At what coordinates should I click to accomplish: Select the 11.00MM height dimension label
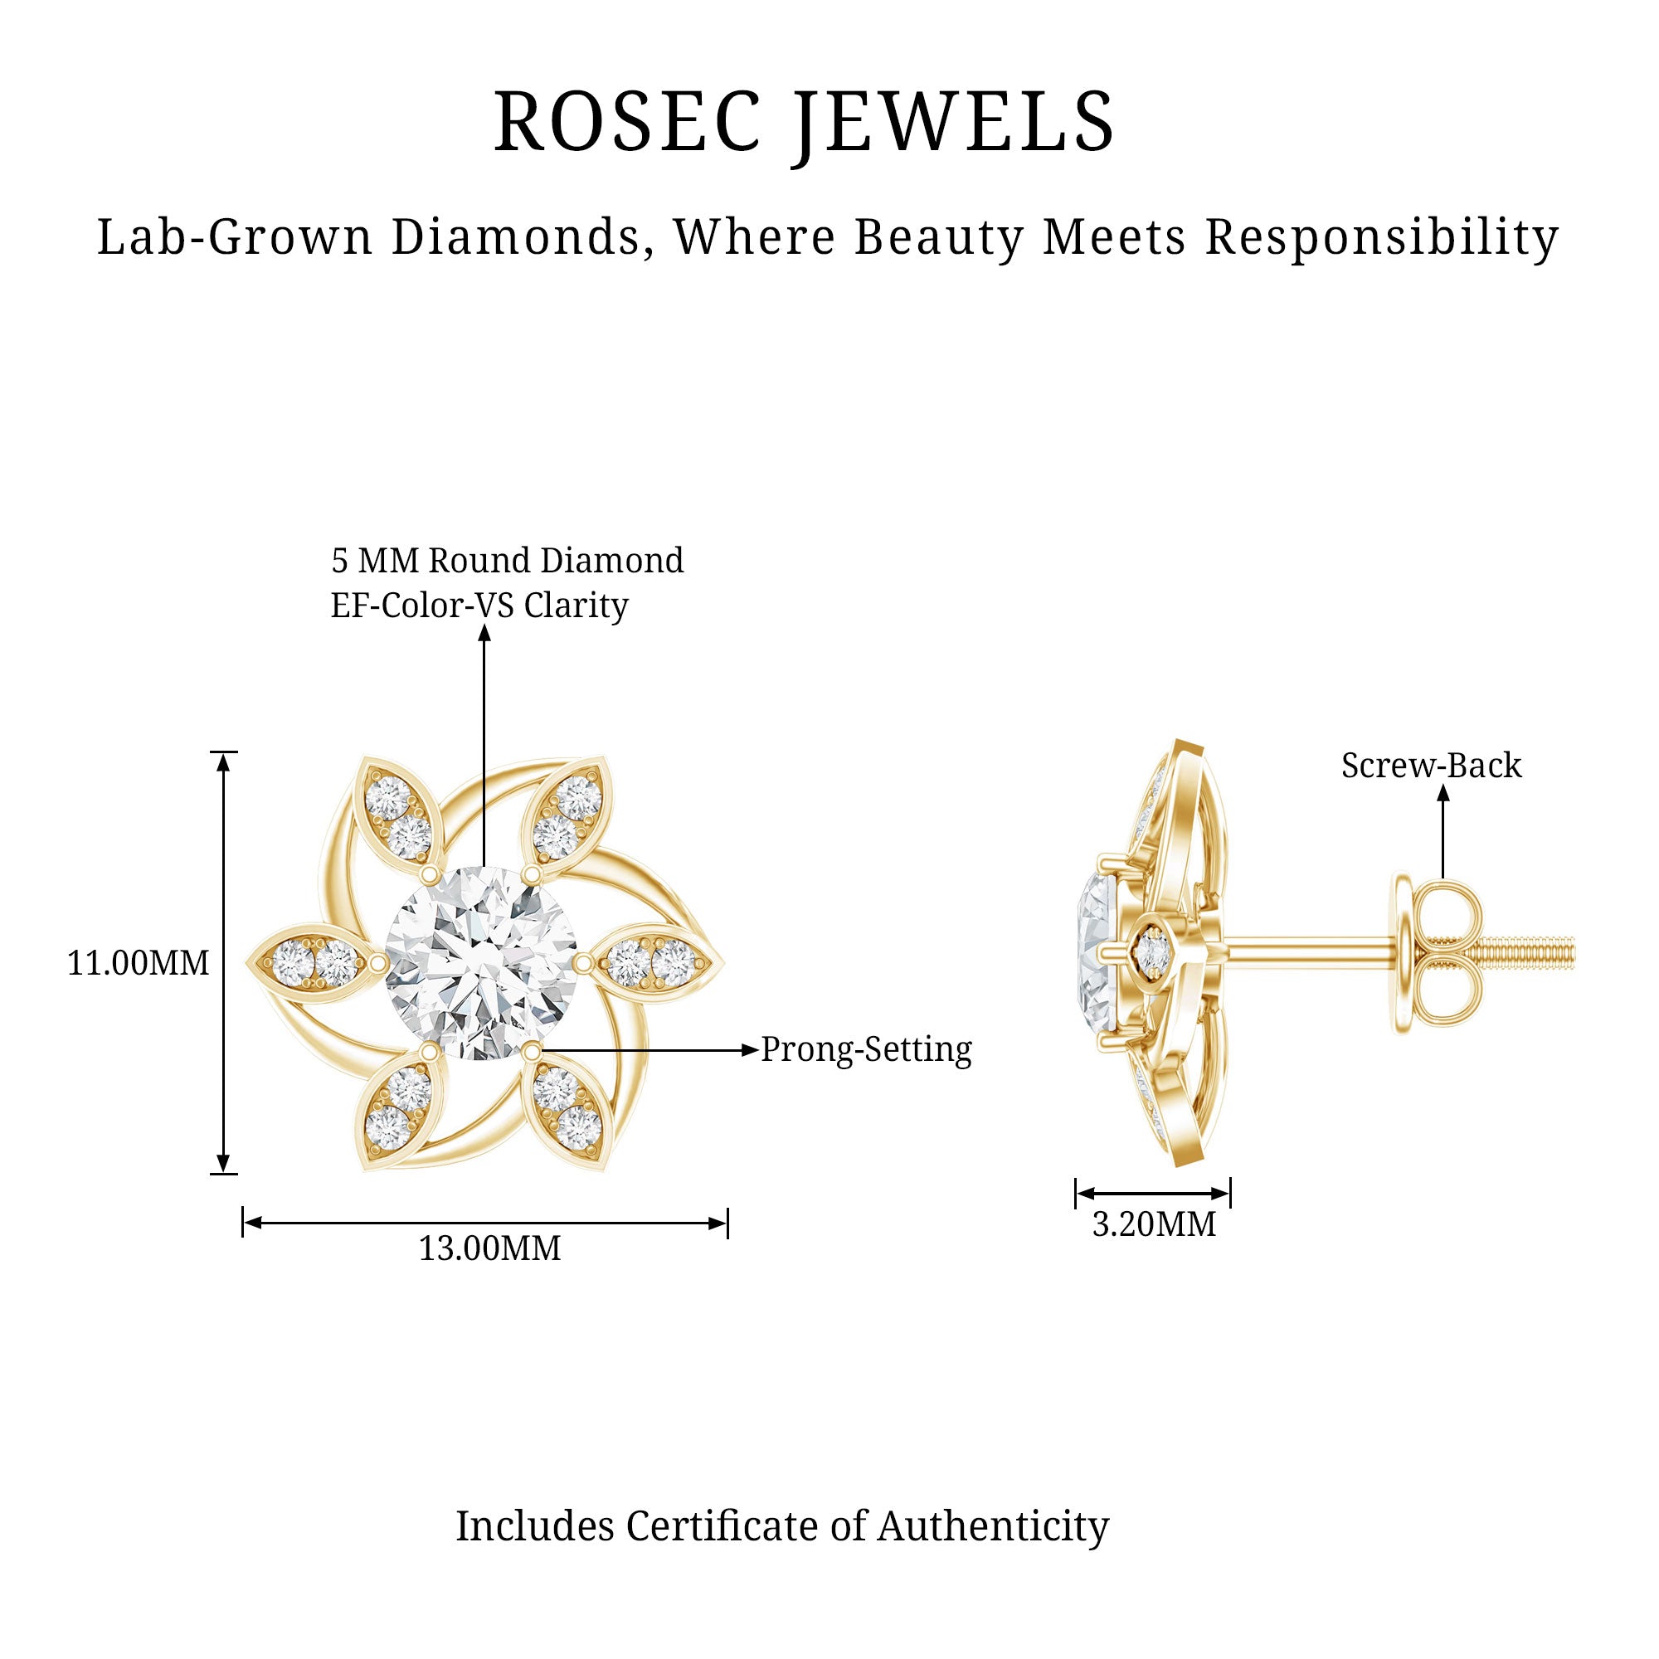139,962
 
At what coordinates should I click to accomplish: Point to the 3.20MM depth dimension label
1153,1224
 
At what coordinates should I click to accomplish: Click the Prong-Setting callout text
867,1049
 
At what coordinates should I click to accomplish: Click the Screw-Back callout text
1431,765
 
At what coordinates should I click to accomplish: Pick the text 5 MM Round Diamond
508,561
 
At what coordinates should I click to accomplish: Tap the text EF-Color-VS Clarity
479,606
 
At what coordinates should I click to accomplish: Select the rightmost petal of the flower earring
654,961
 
